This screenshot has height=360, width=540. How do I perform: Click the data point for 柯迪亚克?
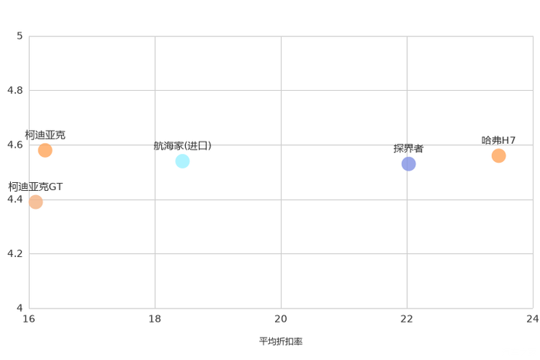[x=45, y=150]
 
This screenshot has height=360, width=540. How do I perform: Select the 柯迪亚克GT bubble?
[x=36, y=202]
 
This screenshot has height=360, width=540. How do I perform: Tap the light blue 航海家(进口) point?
[x=182, y=161]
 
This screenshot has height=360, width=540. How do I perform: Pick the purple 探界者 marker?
[x=409, y=163]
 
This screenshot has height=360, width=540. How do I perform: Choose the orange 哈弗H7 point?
[x=499, y=156]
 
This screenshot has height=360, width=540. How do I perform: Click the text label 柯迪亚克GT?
[x=36, y=187]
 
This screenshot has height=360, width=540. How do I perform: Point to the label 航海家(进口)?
[x=182, y=146]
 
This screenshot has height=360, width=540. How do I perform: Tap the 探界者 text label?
[x=409, y=149]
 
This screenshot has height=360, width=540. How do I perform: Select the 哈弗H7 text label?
[x=499, y=141]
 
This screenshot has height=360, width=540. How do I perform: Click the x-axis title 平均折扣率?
[x=281, y=341]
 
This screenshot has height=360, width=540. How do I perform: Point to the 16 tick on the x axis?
[x=29, y=319]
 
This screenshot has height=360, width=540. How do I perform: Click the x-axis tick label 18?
[x=155, y=319]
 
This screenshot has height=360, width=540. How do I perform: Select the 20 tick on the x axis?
[x=281, y=319]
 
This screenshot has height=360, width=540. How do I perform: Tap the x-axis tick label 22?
[x=406, y=319]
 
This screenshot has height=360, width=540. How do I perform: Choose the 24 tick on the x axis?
[x=533, y=319]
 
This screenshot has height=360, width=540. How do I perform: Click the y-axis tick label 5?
[x=20, y=36]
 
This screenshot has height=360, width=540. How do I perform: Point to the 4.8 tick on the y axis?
[x=15, y=90]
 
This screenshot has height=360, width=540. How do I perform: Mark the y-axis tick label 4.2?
[x=15, y=253]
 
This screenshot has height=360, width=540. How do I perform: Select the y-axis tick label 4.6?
[x=15, y=144]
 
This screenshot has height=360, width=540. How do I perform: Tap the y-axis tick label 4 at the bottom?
[x=20, y=308]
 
